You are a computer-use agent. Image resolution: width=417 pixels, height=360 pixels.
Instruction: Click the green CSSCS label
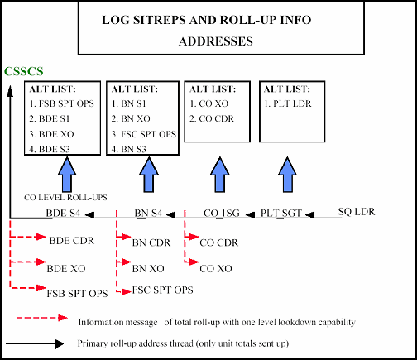point(24,72)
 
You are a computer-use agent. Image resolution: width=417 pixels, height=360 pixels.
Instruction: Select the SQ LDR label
point(357,212)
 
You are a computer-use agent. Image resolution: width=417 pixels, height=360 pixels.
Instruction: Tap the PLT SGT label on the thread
point(281,214)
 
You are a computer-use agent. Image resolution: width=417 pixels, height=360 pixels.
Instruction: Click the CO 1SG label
point(222,214)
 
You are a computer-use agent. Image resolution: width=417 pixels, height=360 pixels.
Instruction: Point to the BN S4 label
point(150,214)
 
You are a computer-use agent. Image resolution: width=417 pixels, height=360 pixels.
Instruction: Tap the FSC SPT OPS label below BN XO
point(161,290)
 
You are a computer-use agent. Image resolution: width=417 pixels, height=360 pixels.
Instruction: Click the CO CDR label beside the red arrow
point(219,242)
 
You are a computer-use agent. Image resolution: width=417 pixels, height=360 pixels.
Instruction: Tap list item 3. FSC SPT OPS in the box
point(144,133)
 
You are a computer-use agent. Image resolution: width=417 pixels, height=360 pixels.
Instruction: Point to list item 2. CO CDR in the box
point(214,118)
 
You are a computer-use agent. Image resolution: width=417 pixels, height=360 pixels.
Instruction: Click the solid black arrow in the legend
point(36,343)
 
